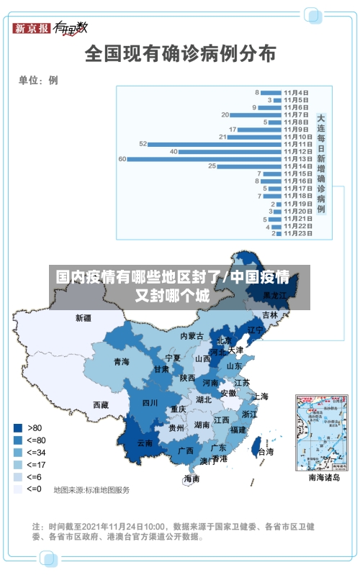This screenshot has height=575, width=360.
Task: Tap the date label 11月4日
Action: [x=296, y=92]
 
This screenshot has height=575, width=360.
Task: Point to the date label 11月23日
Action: [x=297, y=233]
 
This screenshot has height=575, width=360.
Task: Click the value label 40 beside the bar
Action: [x=174, y=152]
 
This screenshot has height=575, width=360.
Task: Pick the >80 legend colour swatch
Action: [x=17, y=427]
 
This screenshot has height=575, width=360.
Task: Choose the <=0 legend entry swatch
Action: [x=17, y=489]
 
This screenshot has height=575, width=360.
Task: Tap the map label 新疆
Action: [x=84, y=317]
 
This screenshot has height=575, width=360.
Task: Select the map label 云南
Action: [x=145, y=443]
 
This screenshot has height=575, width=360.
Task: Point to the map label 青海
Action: [x=121, y=362]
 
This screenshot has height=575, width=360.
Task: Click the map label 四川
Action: [x=150, y=402]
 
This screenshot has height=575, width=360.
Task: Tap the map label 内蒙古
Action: [x=192, y=335]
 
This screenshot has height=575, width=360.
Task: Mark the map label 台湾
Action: [x=266, y=452]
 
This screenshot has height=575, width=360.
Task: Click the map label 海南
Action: [x=192, y=479]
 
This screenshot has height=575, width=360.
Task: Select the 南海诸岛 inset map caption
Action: [x=324, y=477]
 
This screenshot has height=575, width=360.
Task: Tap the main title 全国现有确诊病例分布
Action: [x=180, y=53]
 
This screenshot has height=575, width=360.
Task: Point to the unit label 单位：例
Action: [x=38, y=81]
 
